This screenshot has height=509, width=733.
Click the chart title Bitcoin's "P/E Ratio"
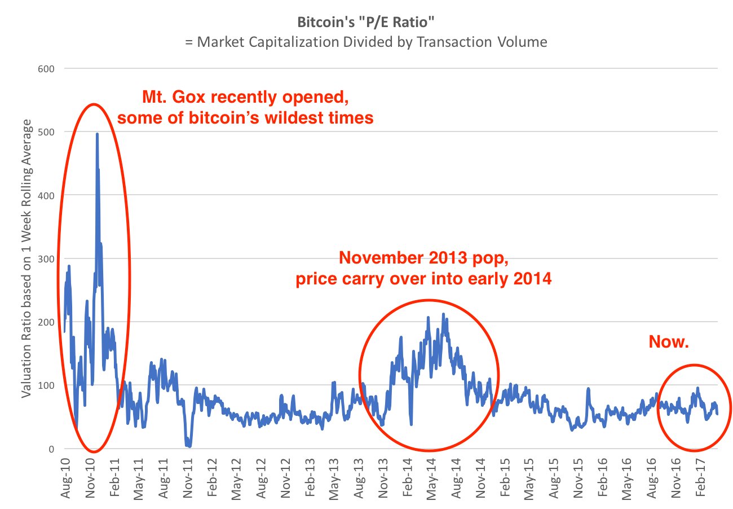[x=366, y=24]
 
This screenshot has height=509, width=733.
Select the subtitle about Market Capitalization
[x=366, y=42]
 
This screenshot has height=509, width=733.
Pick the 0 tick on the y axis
[x=51, y=449]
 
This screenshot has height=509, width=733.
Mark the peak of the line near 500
[x=97, y=134]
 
